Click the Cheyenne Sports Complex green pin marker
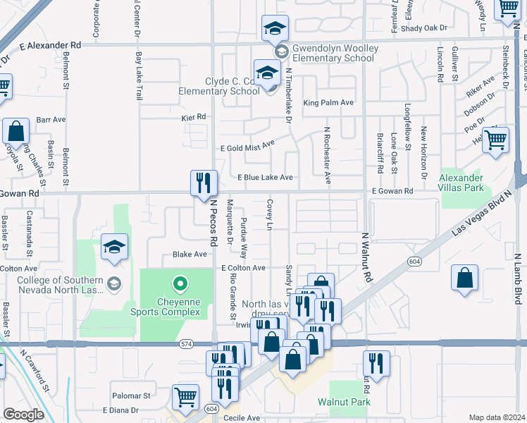[x=180, y=285]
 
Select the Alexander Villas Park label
[x=466, y=183]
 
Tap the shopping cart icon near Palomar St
[x=185, y=396]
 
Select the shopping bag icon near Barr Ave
[x=15, y=131]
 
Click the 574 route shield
[x=185, y=343]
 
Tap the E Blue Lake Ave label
[x=265, y=178]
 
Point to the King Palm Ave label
[x=328, y=103]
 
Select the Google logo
[x=23, y=414]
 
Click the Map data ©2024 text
[x=497, y=417]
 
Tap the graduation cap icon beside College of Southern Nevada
[x=114, y=247]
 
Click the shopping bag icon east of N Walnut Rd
[x=465, y=278]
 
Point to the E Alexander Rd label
[x=51, y=44]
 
